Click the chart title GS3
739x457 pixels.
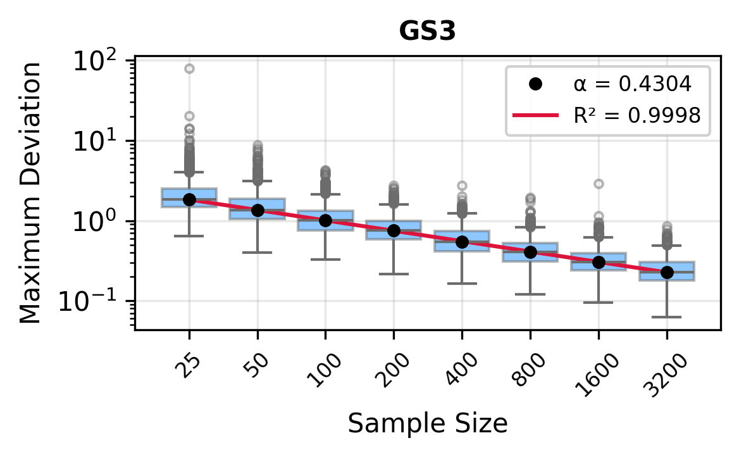[427, 32]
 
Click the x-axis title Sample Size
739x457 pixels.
[427, 423]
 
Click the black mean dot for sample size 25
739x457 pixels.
[189, 199]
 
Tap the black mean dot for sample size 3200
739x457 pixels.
[666, 272]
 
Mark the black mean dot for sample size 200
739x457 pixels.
[394, 230]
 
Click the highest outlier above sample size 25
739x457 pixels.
[189, 68]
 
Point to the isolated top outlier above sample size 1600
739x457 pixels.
[599, 184]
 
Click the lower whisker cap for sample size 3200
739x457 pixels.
[666, 316]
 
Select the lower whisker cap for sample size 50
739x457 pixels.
[258, 253]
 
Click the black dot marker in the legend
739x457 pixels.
[535, 84]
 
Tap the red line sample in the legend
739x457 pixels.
[535, 115]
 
